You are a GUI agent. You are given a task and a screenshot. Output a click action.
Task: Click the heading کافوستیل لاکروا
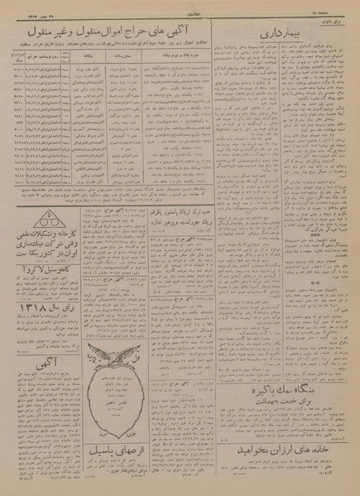pyautogui.click(x=40, y=291)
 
